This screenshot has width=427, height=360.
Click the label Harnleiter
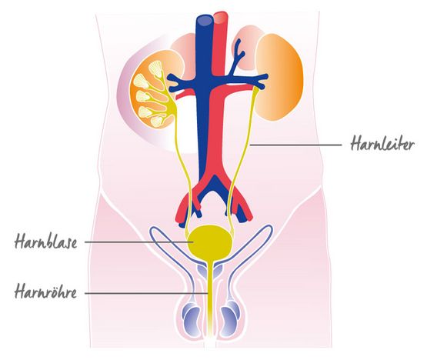click(x=382, y=144)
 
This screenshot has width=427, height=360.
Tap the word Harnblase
click(x=45, y=242)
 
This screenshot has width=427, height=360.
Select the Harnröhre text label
click(x=45, y=292)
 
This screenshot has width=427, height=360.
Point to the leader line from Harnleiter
click(x=295, y=145)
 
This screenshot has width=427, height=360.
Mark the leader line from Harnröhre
click(x=147, y=293)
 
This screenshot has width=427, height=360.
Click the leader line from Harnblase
click(x=139, y=242)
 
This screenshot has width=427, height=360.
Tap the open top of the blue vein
click(x=205, y=20)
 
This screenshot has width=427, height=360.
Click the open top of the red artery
click(x=220, y=17)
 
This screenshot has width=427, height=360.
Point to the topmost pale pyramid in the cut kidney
click(x=156, y=68)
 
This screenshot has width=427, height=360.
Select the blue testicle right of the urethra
click(x=229, y=322)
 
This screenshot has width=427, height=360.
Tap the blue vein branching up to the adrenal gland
click(x=238, y=57)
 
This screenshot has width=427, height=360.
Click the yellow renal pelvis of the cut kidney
click(x=172, y=105)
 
